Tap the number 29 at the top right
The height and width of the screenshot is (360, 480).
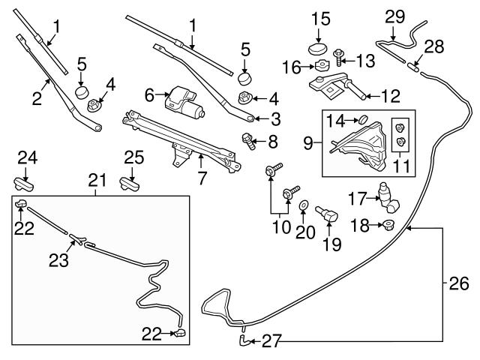coord(394,16)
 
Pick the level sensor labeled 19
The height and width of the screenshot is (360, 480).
coord(329,216)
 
